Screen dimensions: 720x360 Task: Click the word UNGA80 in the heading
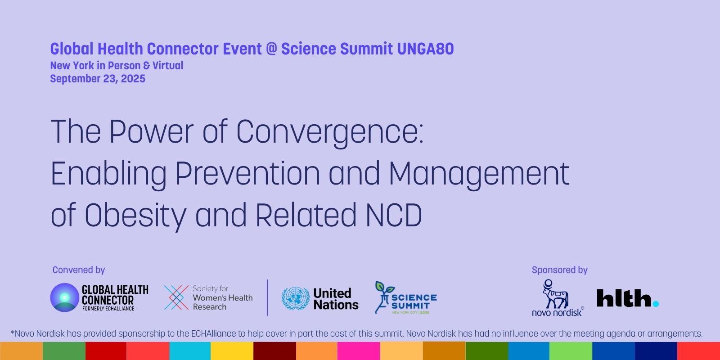tap(425, 49)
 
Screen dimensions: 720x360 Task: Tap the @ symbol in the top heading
tap(272, 49)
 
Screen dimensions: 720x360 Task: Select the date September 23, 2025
tap(98, 79)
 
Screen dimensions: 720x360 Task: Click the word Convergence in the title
tap(330, 132)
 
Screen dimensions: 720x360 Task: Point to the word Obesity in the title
tap(135, 215)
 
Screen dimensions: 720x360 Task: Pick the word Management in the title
tap(479, 174)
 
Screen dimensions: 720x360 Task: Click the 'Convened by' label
tap(79, 270)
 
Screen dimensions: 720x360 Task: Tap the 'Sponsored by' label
tap(560, 270)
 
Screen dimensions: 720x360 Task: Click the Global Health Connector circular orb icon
tap(65, 297)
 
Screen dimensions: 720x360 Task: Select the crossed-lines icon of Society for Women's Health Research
tap(176, 297)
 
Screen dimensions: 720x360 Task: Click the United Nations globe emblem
tap(295, 298)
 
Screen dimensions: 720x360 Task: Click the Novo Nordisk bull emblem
tap(555, 294)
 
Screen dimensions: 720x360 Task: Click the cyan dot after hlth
tap(656, 304)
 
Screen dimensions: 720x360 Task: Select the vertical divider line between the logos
tap(267, 297)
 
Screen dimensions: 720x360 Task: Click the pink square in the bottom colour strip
tap(359, 351)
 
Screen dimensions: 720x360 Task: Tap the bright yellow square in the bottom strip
tap(232, 351)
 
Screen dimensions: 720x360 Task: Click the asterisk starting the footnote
tap(13, 332)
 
